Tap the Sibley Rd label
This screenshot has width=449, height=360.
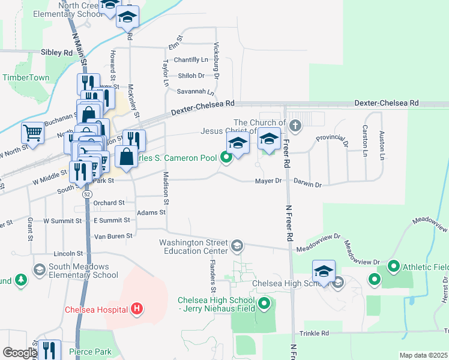tap(56, 53)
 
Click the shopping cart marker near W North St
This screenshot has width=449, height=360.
tap(32, 133)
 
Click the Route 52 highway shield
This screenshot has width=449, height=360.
tap(88, 195)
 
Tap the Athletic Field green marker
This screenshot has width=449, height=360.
tap(394, 265)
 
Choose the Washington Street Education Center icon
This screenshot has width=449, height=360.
tap(237, 245)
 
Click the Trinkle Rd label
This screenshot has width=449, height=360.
tap(316, 333)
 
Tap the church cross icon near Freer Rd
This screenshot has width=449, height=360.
tap(294, 126)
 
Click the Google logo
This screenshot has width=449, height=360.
tap(20, 353)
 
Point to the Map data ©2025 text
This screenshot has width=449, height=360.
tap(423, 355)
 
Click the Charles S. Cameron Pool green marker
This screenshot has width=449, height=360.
tap(226, 158)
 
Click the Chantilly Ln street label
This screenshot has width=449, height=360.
tap(191, 60)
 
